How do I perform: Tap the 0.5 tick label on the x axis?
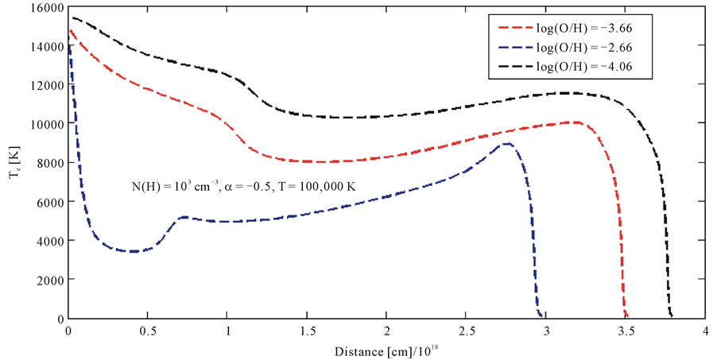(x=148, y=331)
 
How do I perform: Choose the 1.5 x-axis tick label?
(x=307, y=331)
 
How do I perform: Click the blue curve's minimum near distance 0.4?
(x=134, y=251)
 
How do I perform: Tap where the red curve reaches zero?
(x=627, y=317)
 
